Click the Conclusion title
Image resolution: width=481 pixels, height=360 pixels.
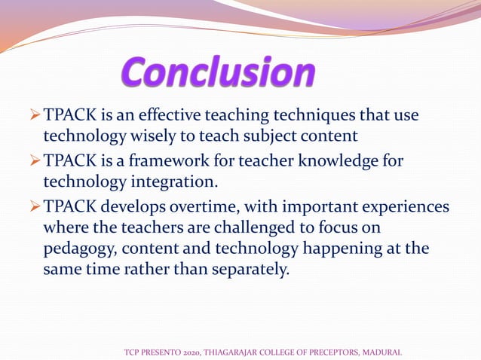[x=219, y=74]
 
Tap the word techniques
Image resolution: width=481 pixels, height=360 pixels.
[x=296, y=116]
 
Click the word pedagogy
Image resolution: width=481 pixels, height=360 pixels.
[x=81, y=249]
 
